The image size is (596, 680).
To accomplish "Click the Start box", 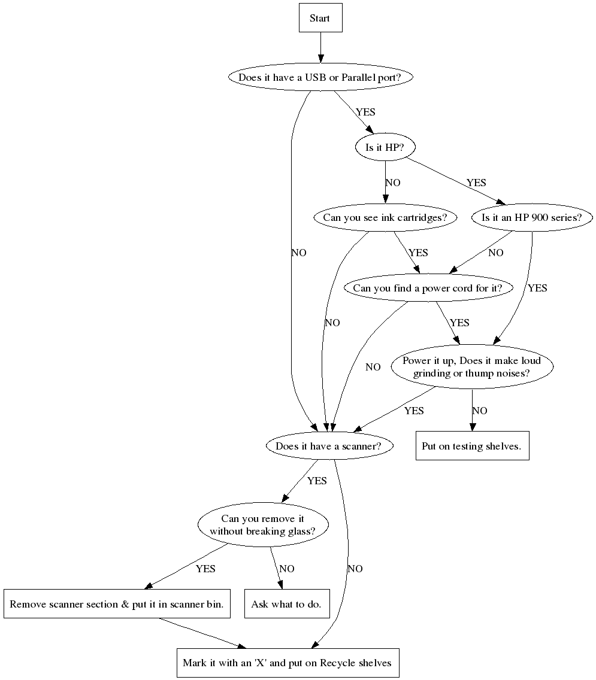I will click(x=320, y=18).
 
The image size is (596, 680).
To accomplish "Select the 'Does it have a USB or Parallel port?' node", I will click(x=319, y=77).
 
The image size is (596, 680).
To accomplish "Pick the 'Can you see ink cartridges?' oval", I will click(x=385, y=217).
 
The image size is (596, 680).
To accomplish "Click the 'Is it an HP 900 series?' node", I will click(x=531, y=217).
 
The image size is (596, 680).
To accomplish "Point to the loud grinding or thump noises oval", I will click(x=471, y=366).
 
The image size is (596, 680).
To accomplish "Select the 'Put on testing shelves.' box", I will click(x=472, y=446).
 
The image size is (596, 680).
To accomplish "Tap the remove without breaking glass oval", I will click(x=262, y=525).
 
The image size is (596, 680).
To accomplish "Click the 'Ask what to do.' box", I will click(x=287, y=604).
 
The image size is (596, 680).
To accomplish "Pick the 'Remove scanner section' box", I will click(x=117, y=604).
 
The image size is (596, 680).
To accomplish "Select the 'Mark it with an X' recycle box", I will click(x=288, y=663).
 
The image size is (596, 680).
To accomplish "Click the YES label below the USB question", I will click(x=365, y=112).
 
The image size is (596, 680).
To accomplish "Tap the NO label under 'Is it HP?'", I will click(x=393, y=183).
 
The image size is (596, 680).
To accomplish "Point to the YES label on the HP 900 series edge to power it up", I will click(x=537, y=288).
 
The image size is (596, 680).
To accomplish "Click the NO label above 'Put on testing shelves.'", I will click(x=480, y=411).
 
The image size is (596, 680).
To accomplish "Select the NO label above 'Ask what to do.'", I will click(x=287, y=569).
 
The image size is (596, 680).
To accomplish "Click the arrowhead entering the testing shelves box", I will click(x=472, y=427).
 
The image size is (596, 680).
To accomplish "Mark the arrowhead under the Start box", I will click(x=320, y=58).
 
